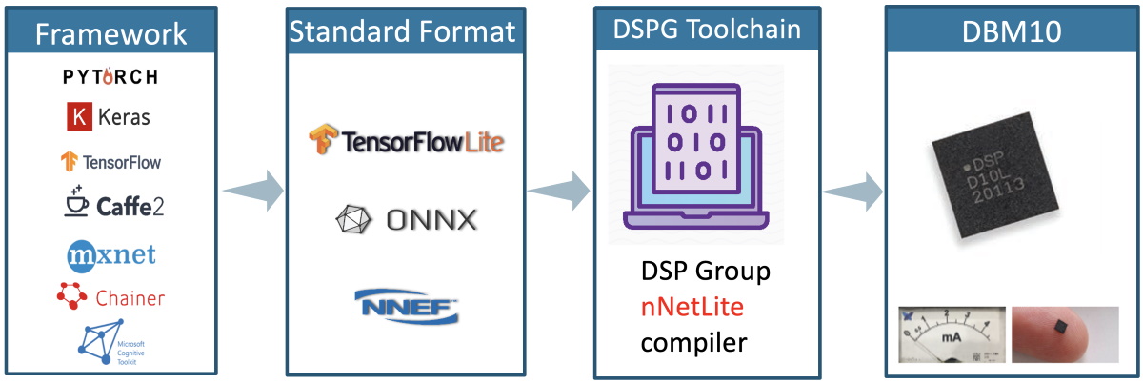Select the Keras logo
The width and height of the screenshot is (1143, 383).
(x=108, y=118)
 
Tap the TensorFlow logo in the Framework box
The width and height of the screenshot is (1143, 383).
(x=110, y=161)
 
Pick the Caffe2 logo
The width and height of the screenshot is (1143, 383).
(x=110, y=203)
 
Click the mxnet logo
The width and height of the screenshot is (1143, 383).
(x=110, y=254)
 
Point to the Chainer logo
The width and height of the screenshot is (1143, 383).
(x=110, y=297)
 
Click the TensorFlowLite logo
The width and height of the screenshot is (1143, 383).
(x=406, y=142)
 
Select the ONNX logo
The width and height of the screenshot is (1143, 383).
(x=406, y=220)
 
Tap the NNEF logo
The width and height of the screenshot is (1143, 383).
(x=406, y=306)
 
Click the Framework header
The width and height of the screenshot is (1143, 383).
(x=110, y=34)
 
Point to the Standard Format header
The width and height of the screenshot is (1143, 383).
(x=403, y=31)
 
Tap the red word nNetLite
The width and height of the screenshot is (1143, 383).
(x=692, y=307)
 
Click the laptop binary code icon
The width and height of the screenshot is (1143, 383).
(x=695, y=157)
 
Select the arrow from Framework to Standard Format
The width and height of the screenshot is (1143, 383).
(x=253, y=191)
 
